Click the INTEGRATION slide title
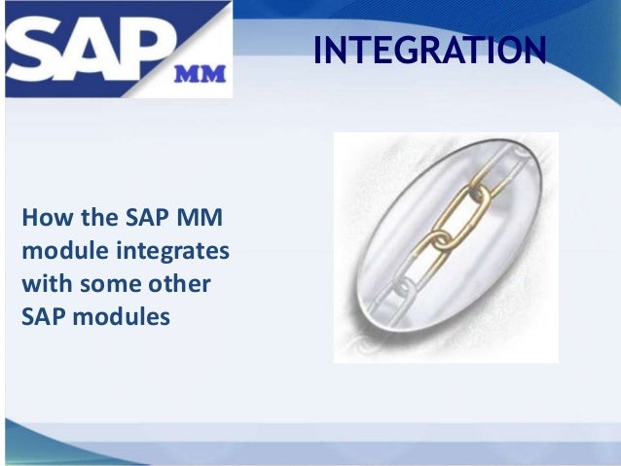click(428, 49)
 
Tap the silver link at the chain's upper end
click(506, 160)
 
